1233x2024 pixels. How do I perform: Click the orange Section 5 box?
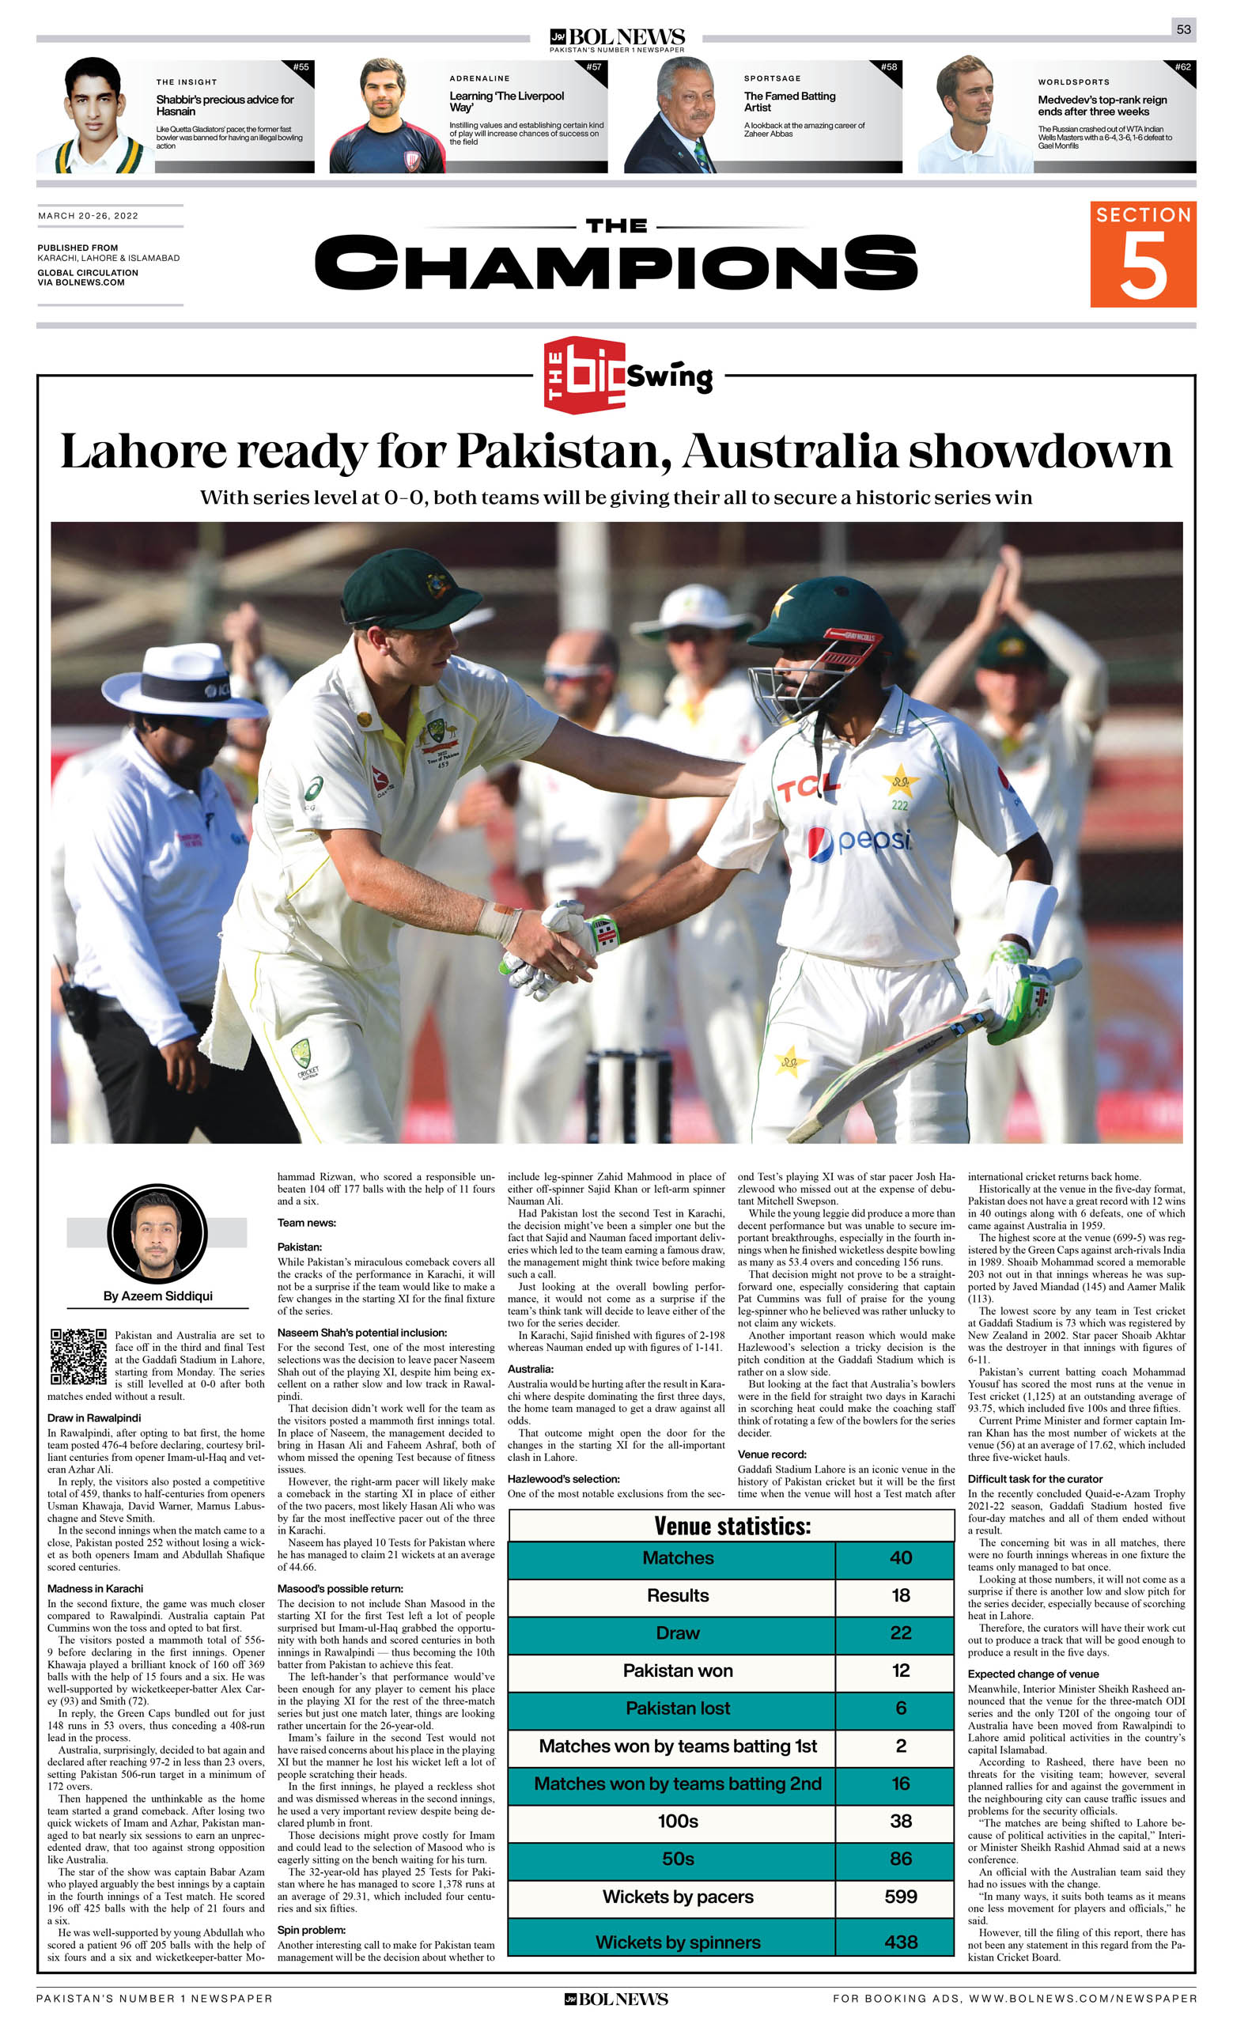(1142, 254)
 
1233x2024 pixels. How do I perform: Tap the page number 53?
(1183, 28)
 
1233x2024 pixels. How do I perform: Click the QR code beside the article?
(78, 1356)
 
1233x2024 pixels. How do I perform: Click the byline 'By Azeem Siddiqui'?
(157, 1296)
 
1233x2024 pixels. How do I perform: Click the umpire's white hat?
(183, 680)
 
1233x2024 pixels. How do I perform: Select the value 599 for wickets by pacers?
(900, 1896)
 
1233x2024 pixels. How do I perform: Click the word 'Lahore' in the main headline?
(144, 452)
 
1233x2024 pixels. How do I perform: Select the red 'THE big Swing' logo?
(628, 376)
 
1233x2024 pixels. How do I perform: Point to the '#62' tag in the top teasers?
(1182, 67)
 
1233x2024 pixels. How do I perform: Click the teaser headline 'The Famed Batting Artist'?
(789, 102)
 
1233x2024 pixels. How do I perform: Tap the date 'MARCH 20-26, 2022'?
(88, 216)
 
